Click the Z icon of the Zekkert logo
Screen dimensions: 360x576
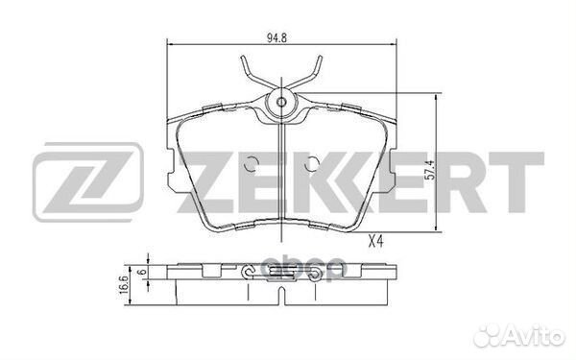tap(87, 182)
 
